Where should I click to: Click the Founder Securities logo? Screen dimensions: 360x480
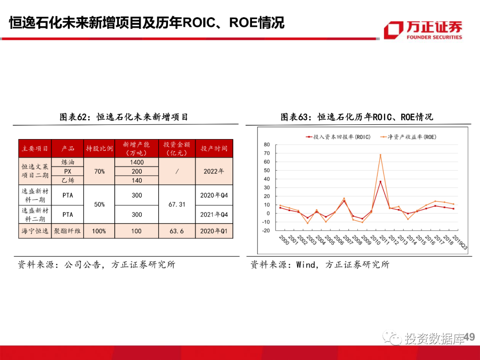(423, 30)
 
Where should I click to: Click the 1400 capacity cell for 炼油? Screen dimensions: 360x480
(137, 162)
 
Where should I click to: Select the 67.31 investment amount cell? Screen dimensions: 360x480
(177, 205)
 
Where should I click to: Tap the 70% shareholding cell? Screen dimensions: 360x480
(99, 171)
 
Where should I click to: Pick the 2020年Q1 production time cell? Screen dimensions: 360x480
(214, 231)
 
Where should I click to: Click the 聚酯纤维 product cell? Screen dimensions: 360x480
(68, 231)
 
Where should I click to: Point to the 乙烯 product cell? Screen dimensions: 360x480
(68, 180)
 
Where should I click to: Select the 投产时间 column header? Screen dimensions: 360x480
(214, 148)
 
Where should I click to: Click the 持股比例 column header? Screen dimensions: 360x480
(99, 148)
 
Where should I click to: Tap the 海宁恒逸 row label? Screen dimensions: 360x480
(35, 231)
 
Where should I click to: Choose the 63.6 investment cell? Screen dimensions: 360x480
(177, 231)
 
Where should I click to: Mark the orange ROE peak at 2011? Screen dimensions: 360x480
(380, 155)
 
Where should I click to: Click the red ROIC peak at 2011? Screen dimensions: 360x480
(380, 181)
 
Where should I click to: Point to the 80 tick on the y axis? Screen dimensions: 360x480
(267, 145)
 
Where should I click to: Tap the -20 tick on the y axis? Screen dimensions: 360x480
(266, 231)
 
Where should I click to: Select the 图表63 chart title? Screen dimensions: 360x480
(356, 117)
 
